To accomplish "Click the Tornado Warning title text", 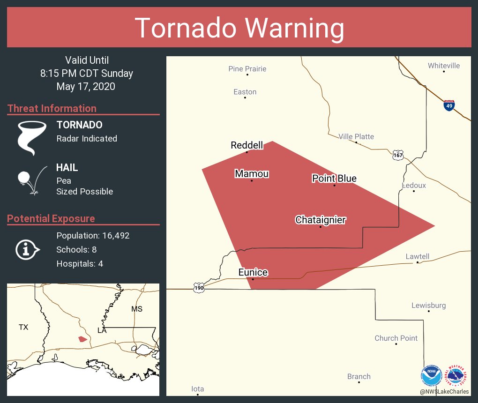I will point(239,28).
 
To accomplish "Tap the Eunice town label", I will point(253,272).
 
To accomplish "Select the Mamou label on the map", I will point(252,174).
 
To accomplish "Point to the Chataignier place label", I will point(320,220).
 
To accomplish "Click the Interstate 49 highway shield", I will point(449,105).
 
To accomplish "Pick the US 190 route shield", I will point(199,287).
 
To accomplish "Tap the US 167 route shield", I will point(398,155).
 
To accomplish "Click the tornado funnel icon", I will point(32,138).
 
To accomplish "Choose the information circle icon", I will point(27,250).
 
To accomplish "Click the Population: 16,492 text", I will point(93,236).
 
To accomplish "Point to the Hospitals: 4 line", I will point(80,264).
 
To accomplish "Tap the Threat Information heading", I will point(52,108).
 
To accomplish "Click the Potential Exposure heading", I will point(51,218).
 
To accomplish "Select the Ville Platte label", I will point(356,136).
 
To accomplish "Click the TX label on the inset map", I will point(23,327).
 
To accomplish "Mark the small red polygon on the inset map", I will point(82,339).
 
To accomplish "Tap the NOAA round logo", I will point(431,376).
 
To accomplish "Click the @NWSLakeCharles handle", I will point(444,391).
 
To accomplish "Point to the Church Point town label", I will point(396,338).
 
